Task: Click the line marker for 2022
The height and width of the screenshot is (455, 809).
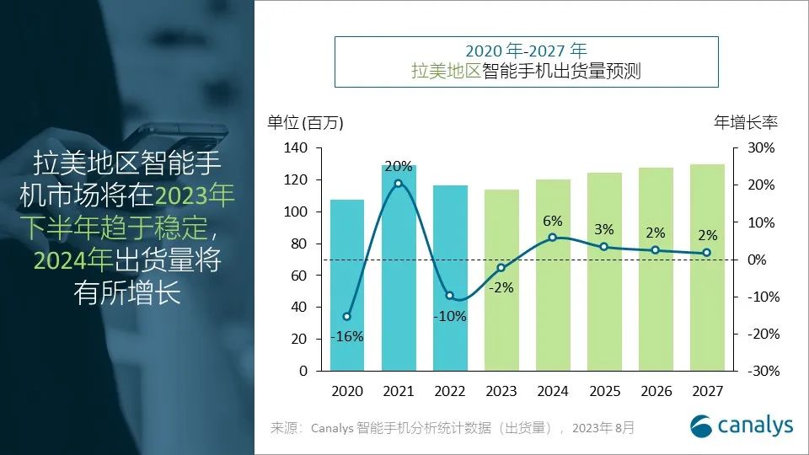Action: [450, 296]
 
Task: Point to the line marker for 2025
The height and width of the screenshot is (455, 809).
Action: [604, 247]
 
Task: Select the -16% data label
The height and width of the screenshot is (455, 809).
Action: [347, 336]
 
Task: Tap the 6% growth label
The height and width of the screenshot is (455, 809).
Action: [553, 221]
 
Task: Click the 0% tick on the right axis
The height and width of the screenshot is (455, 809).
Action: [756, 260]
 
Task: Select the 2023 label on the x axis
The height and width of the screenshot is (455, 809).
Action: [501, 391]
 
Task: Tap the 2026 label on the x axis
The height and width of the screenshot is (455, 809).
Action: [656, 391]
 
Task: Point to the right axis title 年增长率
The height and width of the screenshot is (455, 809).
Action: [746, 122]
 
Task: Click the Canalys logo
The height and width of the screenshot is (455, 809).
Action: [742, 425]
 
